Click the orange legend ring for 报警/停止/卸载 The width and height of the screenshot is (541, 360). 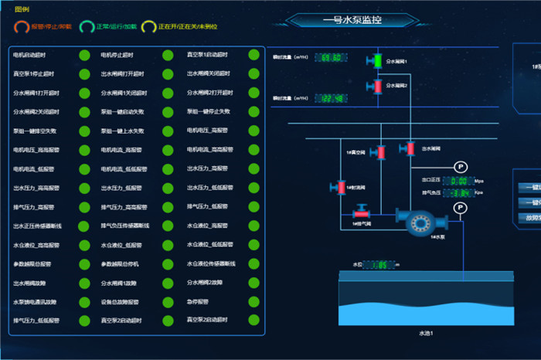click(21, 27)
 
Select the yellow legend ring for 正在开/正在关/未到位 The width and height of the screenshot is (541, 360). click(148, 27)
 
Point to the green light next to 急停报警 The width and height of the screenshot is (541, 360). click(253, 301)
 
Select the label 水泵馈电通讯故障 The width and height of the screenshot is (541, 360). click(35, 301)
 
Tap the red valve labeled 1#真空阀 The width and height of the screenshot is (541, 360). click(380, 152)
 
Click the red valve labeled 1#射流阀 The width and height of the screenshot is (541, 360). click(338, 188)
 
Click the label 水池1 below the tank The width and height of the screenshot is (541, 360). click(426, 333)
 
